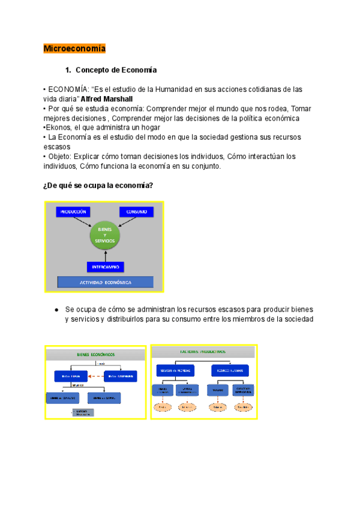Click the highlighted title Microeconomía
click(74, 49)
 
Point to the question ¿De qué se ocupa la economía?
click(103, 185)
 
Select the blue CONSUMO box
click(137, 211)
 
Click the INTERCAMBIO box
click(106, 266)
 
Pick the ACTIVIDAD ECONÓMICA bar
click(106, 282)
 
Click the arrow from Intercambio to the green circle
click(106, 254)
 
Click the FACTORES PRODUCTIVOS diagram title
click(203, 351)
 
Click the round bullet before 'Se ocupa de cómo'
click(56, 309)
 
